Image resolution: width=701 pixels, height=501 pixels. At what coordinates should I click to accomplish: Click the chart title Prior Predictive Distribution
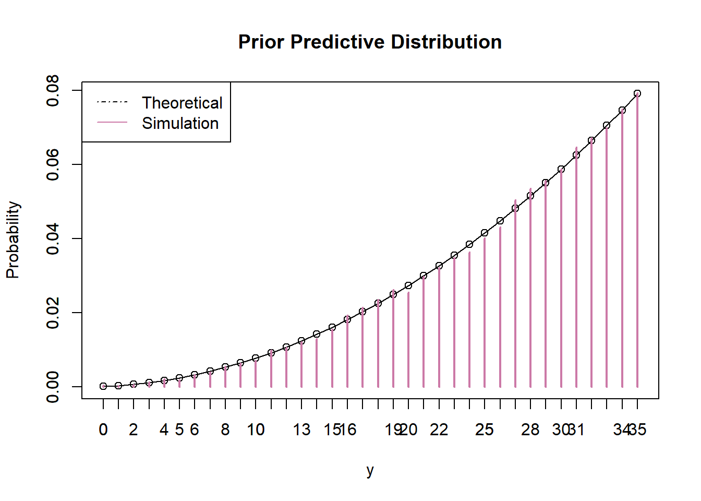370,42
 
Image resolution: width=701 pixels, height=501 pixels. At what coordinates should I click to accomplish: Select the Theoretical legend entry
182,103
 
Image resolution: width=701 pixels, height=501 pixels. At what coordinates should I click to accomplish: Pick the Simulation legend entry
180,123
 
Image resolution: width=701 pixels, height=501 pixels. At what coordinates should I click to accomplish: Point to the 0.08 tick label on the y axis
53,90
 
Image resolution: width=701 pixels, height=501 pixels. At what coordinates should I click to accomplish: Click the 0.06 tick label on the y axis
53,164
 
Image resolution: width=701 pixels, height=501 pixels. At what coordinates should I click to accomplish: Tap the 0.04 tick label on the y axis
53,238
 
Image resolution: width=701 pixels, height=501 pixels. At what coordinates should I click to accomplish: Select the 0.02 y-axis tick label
53,313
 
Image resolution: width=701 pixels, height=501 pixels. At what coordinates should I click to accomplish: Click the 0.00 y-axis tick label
53,387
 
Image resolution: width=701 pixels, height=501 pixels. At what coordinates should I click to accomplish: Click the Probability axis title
13,240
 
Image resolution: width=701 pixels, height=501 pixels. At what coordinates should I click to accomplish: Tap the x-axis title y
370,470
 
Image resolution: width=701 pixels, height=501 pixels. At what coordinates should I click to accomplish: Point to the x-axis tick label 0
103,430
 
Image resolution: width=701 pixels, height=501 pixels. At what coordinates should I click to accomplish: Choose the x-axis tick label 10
256,430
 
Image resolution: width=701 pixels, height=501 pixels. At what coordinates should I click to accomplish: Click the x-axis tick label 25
485,430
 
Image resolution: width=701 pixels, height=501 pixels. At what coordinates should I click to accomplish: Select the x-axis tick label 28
530,430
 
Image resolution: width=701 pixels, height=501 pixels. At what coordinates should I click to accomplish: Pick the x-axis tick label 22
439,430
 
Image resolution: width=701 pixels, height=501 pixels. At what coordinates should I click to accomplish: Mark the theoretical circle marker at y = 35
637,93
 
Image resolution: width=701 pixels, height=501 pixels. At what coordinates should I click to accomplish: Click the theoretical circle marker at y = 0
103,386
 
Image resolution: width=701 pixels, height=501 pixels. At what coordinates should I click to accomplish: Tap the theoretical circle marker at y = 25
485,233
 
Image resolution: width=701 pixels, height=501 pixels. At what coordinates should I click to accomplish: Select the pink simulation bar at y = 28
530,292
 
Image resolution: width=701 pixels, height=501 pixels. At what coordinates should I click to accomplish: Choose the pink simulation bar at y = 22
439,329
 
